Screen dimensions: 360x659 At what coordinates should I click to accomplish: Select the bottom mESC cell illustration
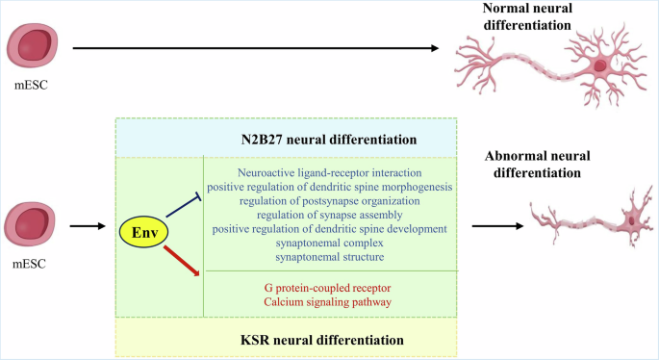pos(34,223)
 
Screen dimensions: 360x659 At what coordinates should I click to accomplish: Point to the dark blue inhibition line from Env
pos(183,205)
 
